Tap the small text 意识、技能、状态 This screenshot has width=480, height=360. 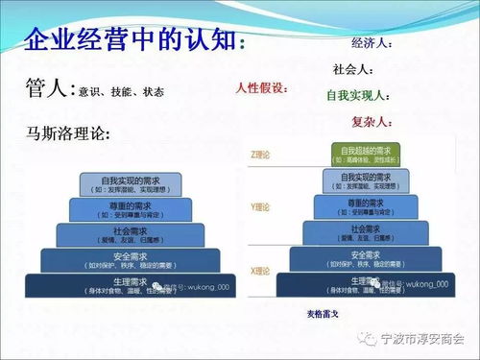coord(120,92)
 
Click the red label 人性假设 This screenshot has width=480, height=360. coord(261,87)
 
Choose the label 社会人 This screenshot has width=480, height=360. coord(353,69)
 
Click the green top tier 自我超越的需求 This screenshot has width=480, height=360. coord(362,153)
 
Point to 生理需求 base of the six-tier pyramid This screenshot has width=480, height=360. coord(363,285)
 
